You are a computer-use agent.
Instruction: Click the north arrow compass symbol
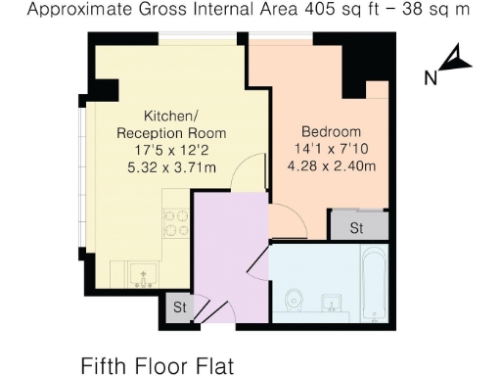pyautogui.click(x=455, y=62)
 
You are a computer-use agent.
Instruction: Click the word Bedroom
pyautogui.click(x=331, y=131)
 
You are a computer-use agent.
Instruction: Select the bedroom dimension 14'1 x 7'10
pyautogui.click(x=331, y=148)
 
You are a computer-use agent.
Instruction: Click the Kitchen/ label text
pyautogui.click(x=171, y=115)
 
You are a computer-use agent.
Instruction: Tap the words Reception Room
pyautogui.click(x=171, y=132)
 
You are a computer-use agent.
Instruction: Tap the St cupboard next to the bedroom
pyautogui.click(x=356, y=227)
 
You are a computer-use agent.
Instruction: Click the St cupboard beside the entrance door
pyautogui.click(x=180, y=306)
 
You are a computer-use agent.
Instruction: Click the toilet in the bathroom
pyautogui.click(x=295, y=300)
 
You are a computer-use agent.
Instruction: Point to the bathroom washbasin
pyautogui.click(x=332, y=303)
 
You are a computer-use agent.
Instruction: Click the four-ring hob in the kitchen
pyautogui.click(x=174, y=222)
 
